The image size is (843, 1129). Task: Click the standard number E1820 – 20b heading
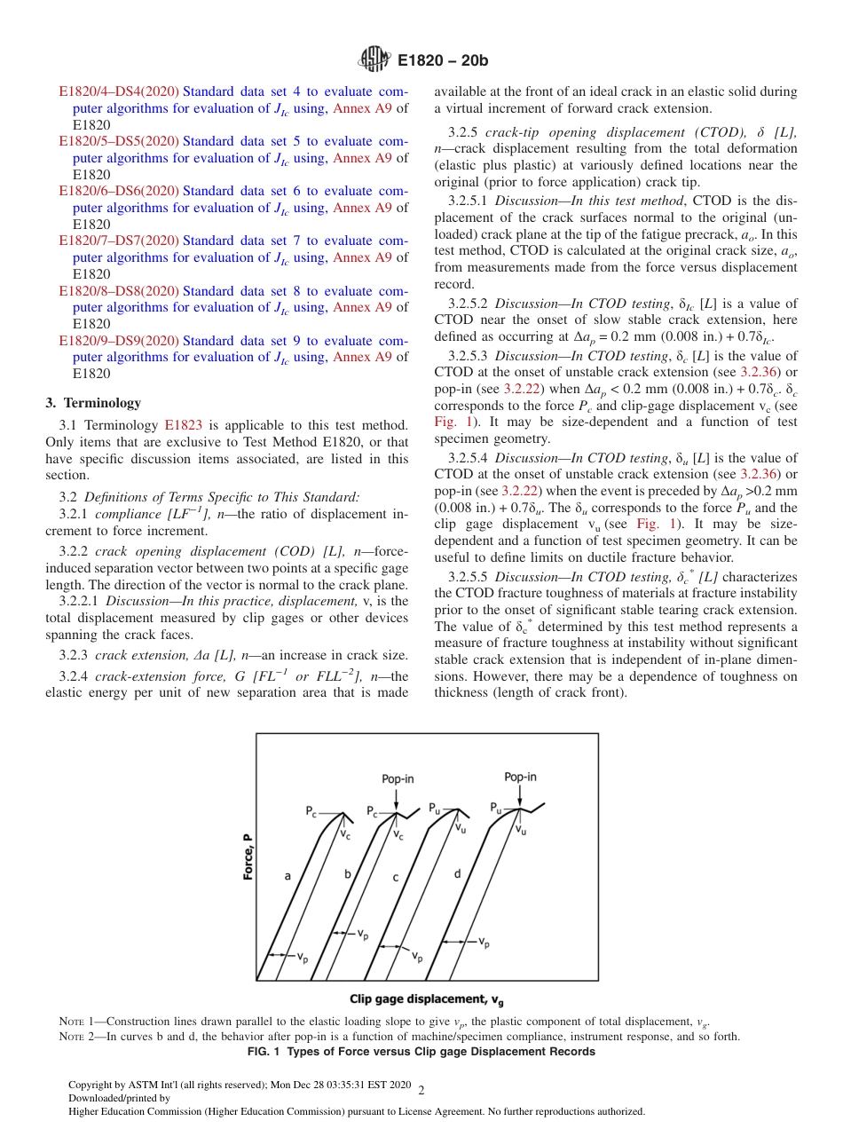coord(444,61)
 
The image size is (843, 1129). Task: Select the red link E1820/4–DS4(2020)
coord(119,91)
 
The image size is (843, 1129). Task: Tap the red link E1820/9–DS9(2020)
coord(119,341)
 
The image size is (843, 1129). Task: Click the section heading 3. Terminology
coord(93,403)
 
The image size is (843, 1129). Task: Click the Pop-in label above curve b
coord(398,778)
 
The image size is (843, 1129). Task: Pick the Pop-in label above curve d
coord(520,776)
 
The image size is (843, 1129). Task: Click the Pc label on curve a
coord(311,811)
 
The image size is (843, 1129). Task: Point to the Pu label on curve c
coord(435,809)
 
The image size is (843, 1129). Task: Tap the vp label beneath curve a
coord(303,957)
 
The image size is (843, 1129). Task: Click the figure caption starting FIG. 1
coord(421,1052)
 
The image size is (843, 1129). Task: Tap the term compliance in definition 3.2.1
coord(123,514)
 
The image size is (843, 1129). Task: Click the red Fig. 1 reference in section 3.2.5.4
coord(652,524)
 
